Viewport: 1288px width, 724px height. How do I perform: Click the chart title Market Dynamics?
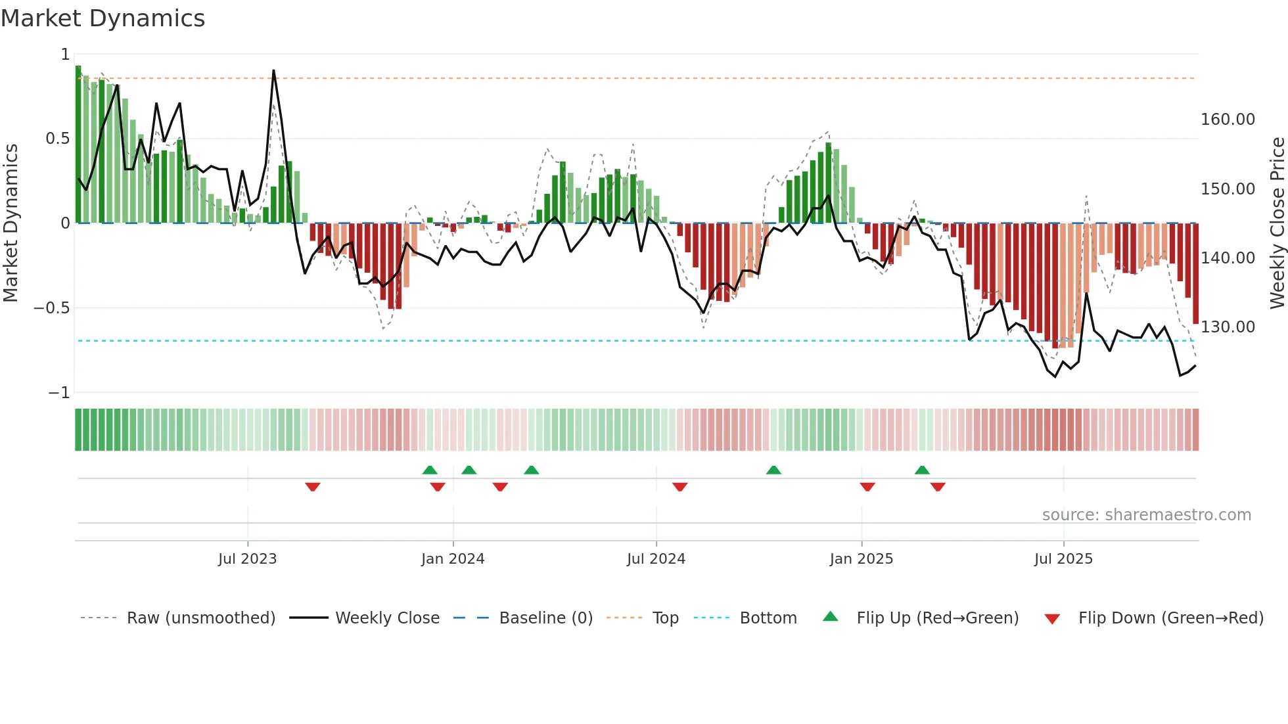click(x=103, y=18)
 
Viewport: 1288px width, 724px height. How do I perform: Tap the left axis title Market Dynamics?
click(x=11, y=223)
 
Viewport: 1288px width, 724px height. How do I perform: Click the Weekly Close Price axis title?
click(x=1277, y=223)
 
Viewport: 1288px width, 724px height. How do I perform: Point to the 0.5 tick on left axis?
click(x=57, y=139)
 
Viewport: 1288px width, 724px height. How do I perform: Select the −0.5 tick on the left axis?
click(x=52, y=308)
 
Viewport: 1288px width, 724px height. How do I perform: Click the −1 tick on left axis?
click(x=58, y=393)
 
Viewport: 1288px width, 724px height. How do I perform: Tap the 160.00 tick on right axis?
click(x=1228, y=120)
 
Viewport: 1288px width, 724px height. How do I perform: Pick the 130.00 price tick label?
click(x=1228, y=327)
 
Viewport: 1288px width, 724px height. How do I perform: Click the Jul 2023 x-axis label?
click(x=247, y=559)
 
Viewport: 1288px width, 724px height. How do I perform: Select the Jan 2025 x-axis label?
click(x=861, y=559)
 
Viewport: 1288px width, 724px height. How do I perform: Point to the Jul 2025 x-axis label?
click(x=1063, y=559)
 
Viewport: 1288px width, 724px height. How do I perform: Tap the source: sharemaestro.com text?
click(x=1146, y=515)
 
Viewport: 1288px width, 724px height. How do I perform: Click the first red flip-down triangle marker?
click(x=313, y=487)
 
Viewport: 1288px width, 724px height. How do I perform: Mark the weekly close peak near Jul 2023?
click(x=273, y=71)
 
